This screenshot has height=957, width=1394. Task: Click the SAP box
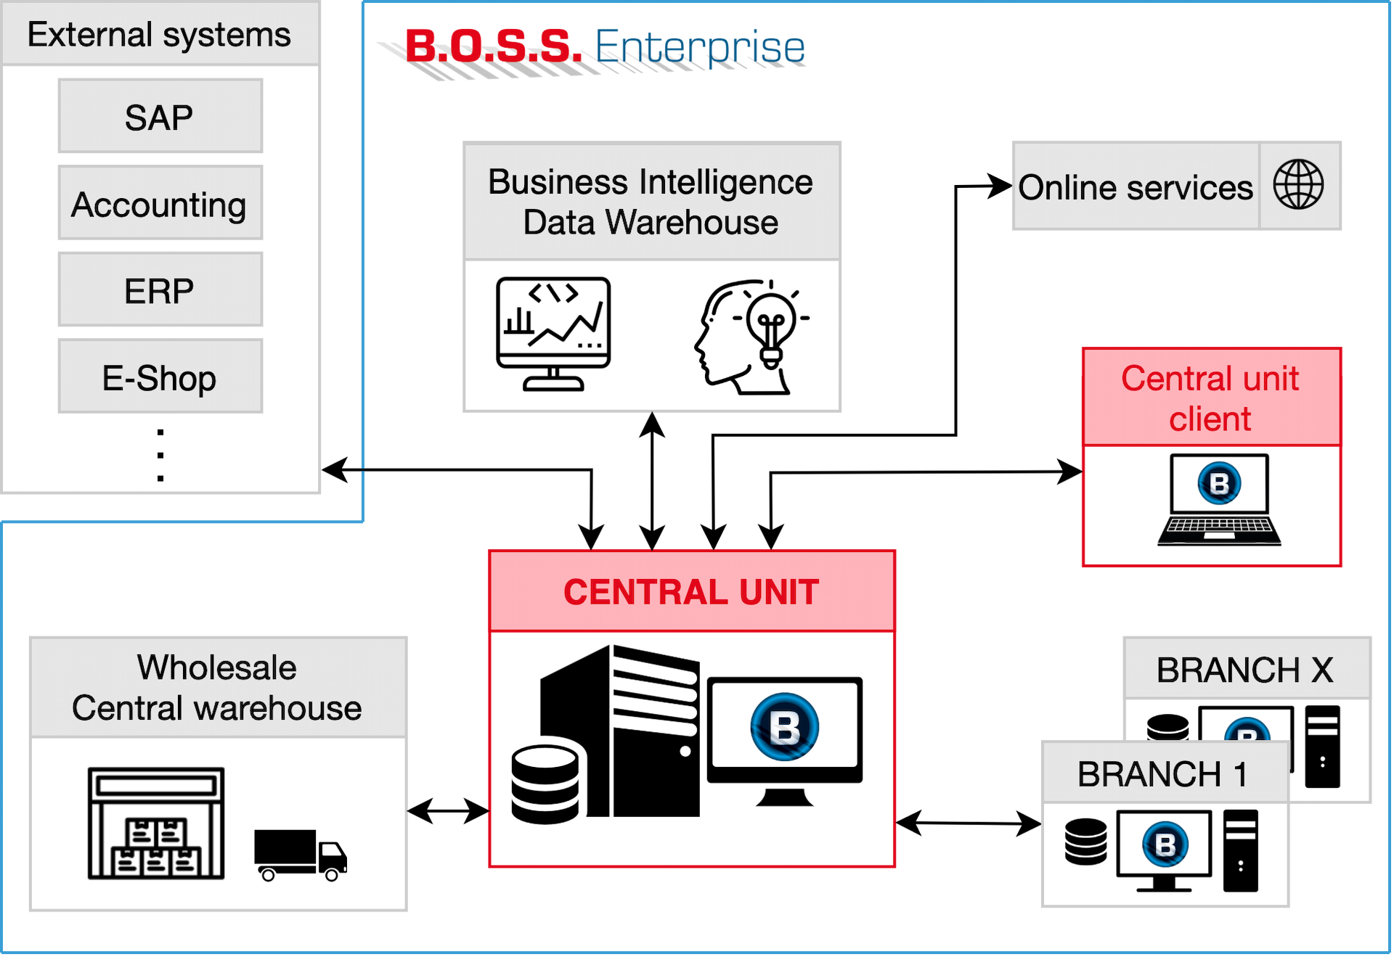160,117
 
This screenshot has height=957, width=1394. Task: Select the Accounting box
160,204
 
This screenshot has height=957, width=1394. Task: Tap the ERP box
160,290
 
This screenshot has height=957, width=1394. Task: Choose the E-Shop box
160,377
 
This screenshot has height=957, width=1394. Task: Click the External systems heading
159,34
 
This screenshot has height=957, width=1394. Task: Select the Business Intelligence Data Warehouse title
651,201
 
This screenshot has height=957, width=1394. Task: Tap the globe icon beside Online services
1298,185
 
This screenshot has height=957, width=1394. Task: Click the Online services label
1135,187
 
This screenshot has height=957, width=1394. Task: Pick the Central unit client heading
1210,398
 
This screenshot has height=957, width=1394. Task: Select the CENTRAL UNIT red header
691,591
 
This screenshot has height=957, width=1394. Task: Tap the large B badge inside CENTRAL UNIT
785,726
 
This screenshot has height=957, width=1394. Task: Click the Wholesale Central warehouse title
217,687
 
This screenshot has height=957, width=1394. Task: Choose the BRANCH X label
1245,669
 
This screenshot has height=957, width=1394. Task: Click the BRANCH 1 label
1163,773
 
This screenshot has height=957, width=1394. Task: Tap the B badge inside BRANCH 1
1165,845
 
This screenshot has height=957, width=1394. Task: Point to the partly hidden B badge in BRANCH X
1247,730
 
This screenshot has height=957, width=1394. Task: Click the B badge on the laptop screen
1220,483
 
